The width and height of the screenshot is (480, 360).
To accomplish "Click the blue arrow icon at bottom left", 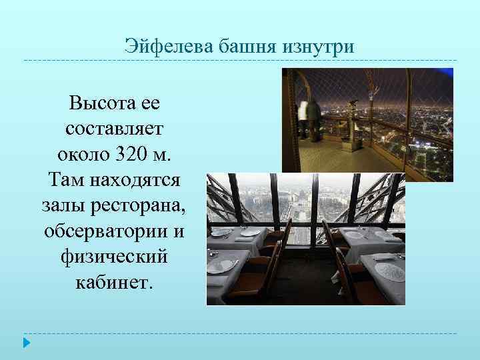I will (x=27, y=344).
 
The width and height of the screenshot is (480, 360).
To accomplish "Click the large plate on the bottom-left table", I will (x=222, y=265).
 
